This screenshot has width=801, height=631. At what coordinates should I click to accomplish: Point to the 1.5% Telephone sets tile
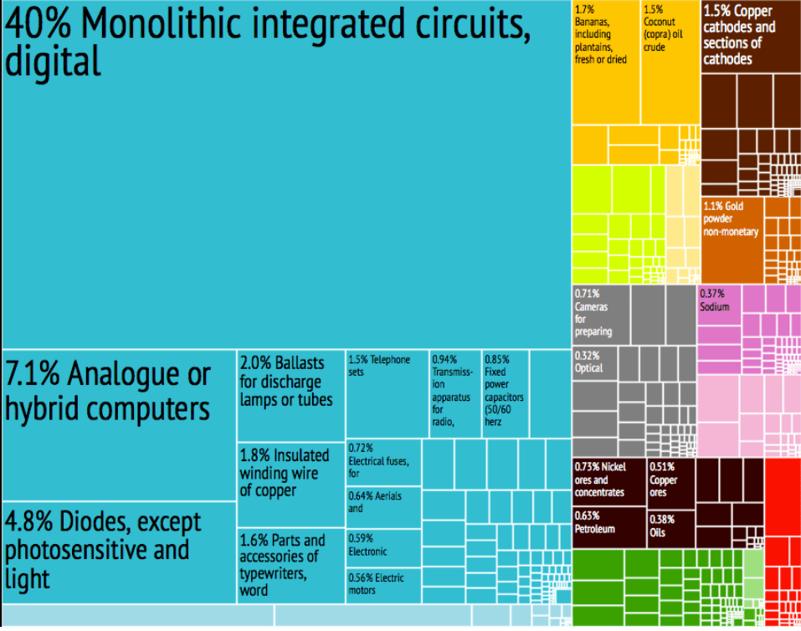click(x=387, y=393)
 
